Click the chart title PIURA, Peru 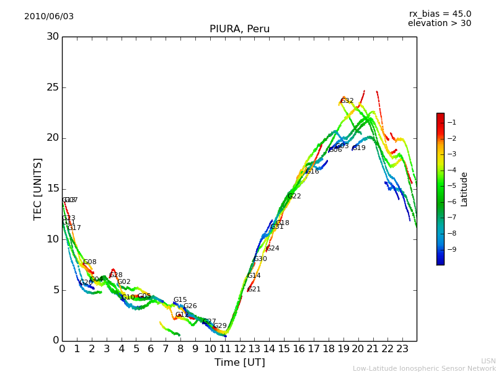239,29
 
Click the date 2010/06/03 49,17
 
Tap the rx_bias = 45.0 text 440,14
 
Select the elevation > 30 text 440,24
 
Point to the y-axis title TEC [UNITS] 38,188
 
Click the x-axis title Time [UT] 239,363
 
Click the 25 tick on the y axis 53,87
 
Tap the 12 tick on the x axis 239,348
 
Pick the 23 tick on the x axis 402,348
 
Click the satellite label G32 347,101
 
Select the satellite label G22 294,197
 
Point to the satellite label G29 220,326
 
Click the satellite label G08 90,262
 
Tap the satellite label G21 254,290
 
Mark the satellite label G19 359,148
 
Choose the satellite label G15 180,300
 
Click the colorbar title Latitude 464,188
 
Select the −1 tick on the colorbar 452,123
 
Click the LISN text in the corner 488,361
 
